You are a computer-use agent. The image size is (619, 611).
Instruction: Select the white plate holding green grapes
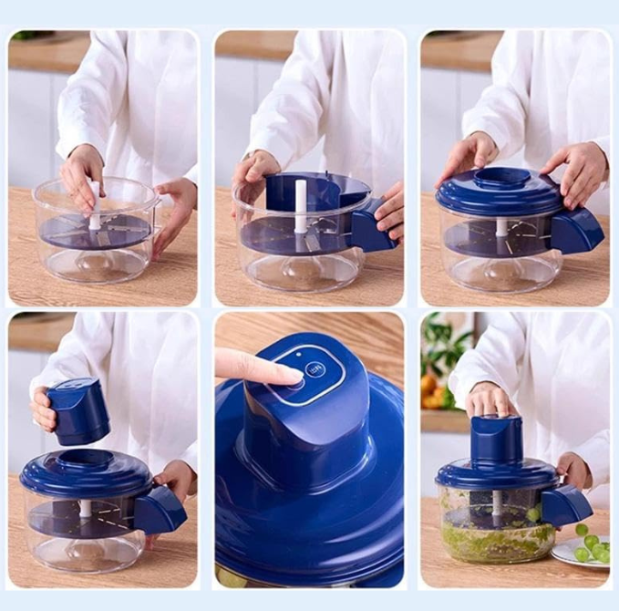580,552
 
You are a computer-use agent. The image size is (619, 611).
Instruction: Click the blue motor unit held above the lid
78,411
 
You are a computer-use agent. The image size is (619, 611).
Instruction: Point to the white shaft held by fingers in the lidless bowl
94,206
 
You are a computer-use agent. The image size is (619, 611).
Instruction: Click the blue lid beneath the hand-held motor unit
86,472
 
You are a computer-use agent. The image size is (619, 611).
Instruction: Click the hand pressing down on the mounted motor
490,399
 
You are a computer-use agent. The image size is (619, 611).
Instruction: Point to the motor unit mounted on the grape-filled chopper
497,439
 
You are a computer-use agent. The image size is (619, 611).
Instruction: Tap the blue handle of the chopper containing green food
566,505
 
